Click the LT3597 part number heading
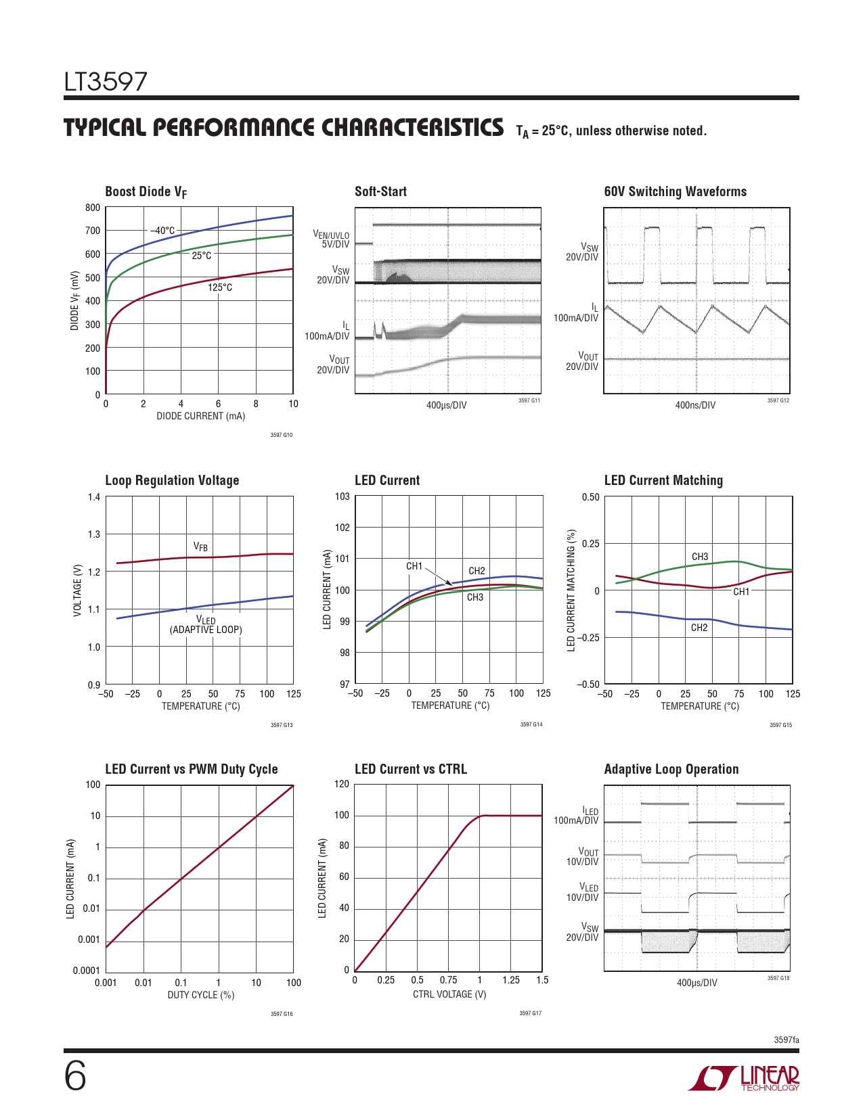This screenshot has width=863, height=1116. pyautogui.click(x=106, y=82)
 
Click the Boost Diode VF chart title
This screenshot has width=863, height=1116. pyautogui.click(x=146, y=192)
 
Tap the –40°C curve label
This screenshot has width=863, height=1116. pyautogui.click(x=162, y=231)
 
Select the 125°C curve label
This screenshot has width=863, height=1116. pyautogui.click(x=220, y=287)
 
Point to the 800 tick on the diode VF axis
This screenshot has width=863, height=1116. pyautogui.click(x=93, y=208)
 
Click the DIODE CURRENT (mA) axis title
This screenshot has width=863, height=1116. pyautogui.click(x=201, y=416)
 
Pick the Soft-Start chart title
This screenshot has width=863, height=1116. pyautogui.click(x=380, y=191)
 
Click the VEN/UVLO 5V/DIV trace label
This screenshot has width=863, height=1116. pyautogui.click(x=331, y=239)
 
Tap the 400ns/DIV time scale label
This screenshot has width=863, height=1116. pyautogui.click(x=695, y=405)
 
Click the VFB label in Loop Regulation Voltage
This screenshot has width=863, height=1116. pyautogui.click(x=200, y=547)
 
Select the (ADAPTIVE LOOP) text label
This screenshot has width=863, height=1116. pyautogui.click(x=206, y=630)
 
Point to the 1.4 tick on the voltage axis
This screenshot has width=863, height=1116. pyautogui.click(x=94, y=498)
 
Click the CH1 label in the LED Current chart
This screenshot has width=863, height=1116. pyautogui.click(x=414, y=566)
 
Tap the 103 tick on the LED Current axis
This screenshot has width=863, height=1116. pyautogui.click(x=342, y=496)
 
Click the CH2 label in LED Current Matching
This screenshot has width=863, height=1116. pyautogui.click(x=699, y=628)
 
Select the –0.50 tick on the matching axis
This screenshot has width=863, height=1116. pyautogui.click(x=588, y=684)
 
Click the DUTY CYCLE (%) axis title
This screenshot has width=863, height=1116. pyautogui.click(x=201, y=995)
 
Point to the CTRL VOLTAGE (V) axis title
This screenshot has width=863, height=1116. pyautogui.click(x=449, y=994)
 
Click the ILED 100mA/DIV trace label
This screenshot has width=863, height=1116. pyautogui.click(x=577, y=816)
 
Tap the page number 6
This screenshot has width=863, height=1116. pyautogui.click(x=75, y=1076)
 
